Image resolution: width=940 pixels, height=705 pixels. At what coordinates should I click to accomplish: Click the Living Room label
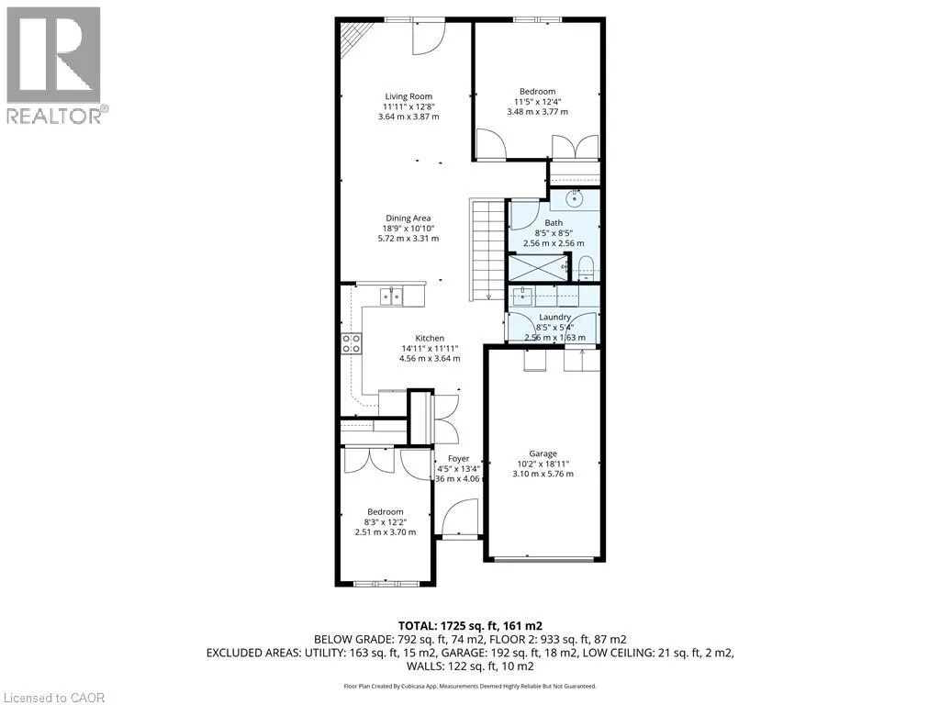click(408, 96)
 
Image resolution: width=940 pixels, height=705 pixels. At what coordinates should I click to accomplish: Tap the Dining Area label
click(408, 218)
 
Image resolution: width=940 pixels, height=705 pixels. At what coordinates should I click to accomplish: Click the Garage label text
click(543, 453)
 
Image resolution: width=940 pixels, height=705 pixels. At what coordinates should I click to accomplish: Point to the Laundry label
click(554, 318)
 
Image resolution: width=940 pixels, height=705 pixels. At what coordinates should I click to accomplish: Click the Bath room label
click(554, 223)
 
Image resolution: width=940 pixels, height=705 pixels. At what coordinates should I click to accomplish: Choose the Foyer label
click(458, 459)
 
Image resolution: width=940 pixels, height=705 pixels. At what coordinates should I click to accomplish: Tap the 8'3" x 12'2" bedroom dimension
click(386, 522)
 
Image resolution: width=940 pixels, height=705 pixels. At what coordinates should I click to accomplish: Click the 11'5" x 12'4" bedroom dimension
click(537, 102)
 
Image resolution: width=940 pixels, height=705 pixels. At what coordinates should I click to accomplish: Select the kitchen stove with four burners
click(351, 344)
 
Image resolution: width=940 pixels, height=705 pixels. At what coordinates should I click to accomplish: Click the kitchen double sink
click(392, 296)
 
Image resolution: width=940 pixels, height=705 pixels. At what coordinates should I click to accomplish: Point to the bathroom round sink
click(576, 196)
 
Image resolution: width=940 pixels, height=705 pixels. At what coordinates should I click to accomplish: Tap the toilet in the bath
click(588, 268)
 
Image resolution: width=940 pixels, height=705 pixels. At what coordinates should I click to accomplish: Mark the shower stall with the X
click(538, 268)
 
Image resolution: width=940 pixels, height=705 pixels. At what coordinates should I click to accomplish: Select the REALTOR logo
click(54, 65)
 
